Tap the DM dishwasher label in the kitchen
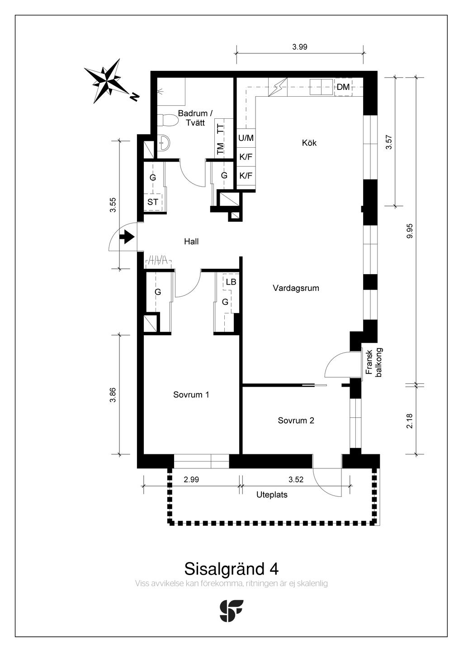click(343, 87)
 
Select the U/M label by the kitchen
click(246, 138)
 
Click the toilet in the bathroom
click(168, 120)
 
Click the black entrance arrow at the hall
click(127, 237)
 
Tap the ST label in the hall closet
click(152, 202)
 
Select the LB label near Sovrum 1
click(231, 282)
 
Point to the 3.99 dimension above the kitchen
click(300, 47)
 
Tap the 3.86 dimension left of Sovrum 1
click(113, 395)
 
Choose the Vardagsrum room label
click(296, 288)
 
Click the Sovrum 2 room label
click(296, 420)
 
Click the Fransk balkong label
click(374, 362)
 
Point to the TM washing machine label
click(220, 149)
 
